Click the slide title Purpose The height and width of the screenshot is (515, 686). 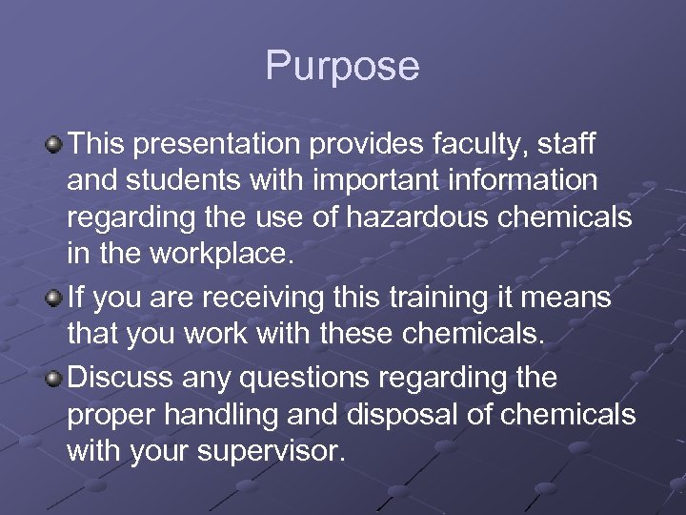pyautogui.click(x=342, y=66)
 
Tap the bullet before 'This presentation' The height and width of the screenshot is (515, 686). pyautogui.click(x=55, y=144)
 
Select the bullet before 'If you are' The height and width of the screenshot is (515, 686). pyautogui.click(x=55, y=299)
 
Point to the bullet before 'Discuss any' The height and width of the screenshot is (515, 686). pyautogui.click(x=55, y=377)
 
